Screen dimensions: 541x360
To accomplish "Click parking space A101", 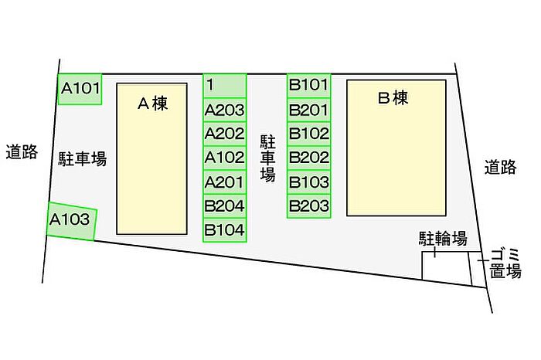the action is [80, 89].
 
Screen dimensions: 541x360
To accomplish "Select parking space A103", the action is [71, 221].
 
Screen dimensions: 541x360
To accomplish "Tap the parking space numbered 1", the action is [225, 86].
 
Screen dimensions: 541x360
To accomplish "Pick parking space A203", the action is [225, 110].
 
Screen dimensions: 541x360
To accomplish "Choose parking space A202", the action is [225, 134].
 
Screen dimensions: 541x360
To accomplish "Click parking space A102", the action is [225, 158].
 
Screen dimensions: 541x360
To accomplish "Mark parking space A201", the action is [225, 182].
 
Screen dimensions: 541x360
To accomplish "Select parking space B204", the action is [225, 206].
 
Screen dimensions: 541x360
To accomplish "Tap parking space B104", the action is [225, 230].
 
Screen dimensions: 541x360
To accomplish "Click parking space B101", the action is [309, 86].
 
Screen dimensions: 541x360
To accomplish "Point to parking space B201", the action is [309, 110].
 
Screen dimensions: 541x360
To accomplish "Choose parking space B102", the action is [309, 134].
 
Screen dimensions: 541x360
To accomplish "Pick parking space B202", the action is [309, 158].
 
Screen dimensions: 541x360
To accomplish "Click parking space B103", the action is [309, 182].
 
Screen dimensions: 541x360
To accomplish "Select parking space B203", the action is [309, 206].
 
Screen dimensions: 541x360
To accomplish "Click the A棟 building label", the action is [152, 103].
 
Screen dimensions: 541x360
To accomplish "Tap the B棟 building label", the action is [393, 97].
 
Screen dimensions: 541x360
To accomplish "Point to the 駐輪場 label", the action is [444, 239].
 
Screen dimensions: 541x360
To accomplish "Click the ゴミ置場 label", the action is [505, 263].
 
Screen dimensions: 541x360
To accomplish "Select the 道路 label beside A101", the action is [22, 151].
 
